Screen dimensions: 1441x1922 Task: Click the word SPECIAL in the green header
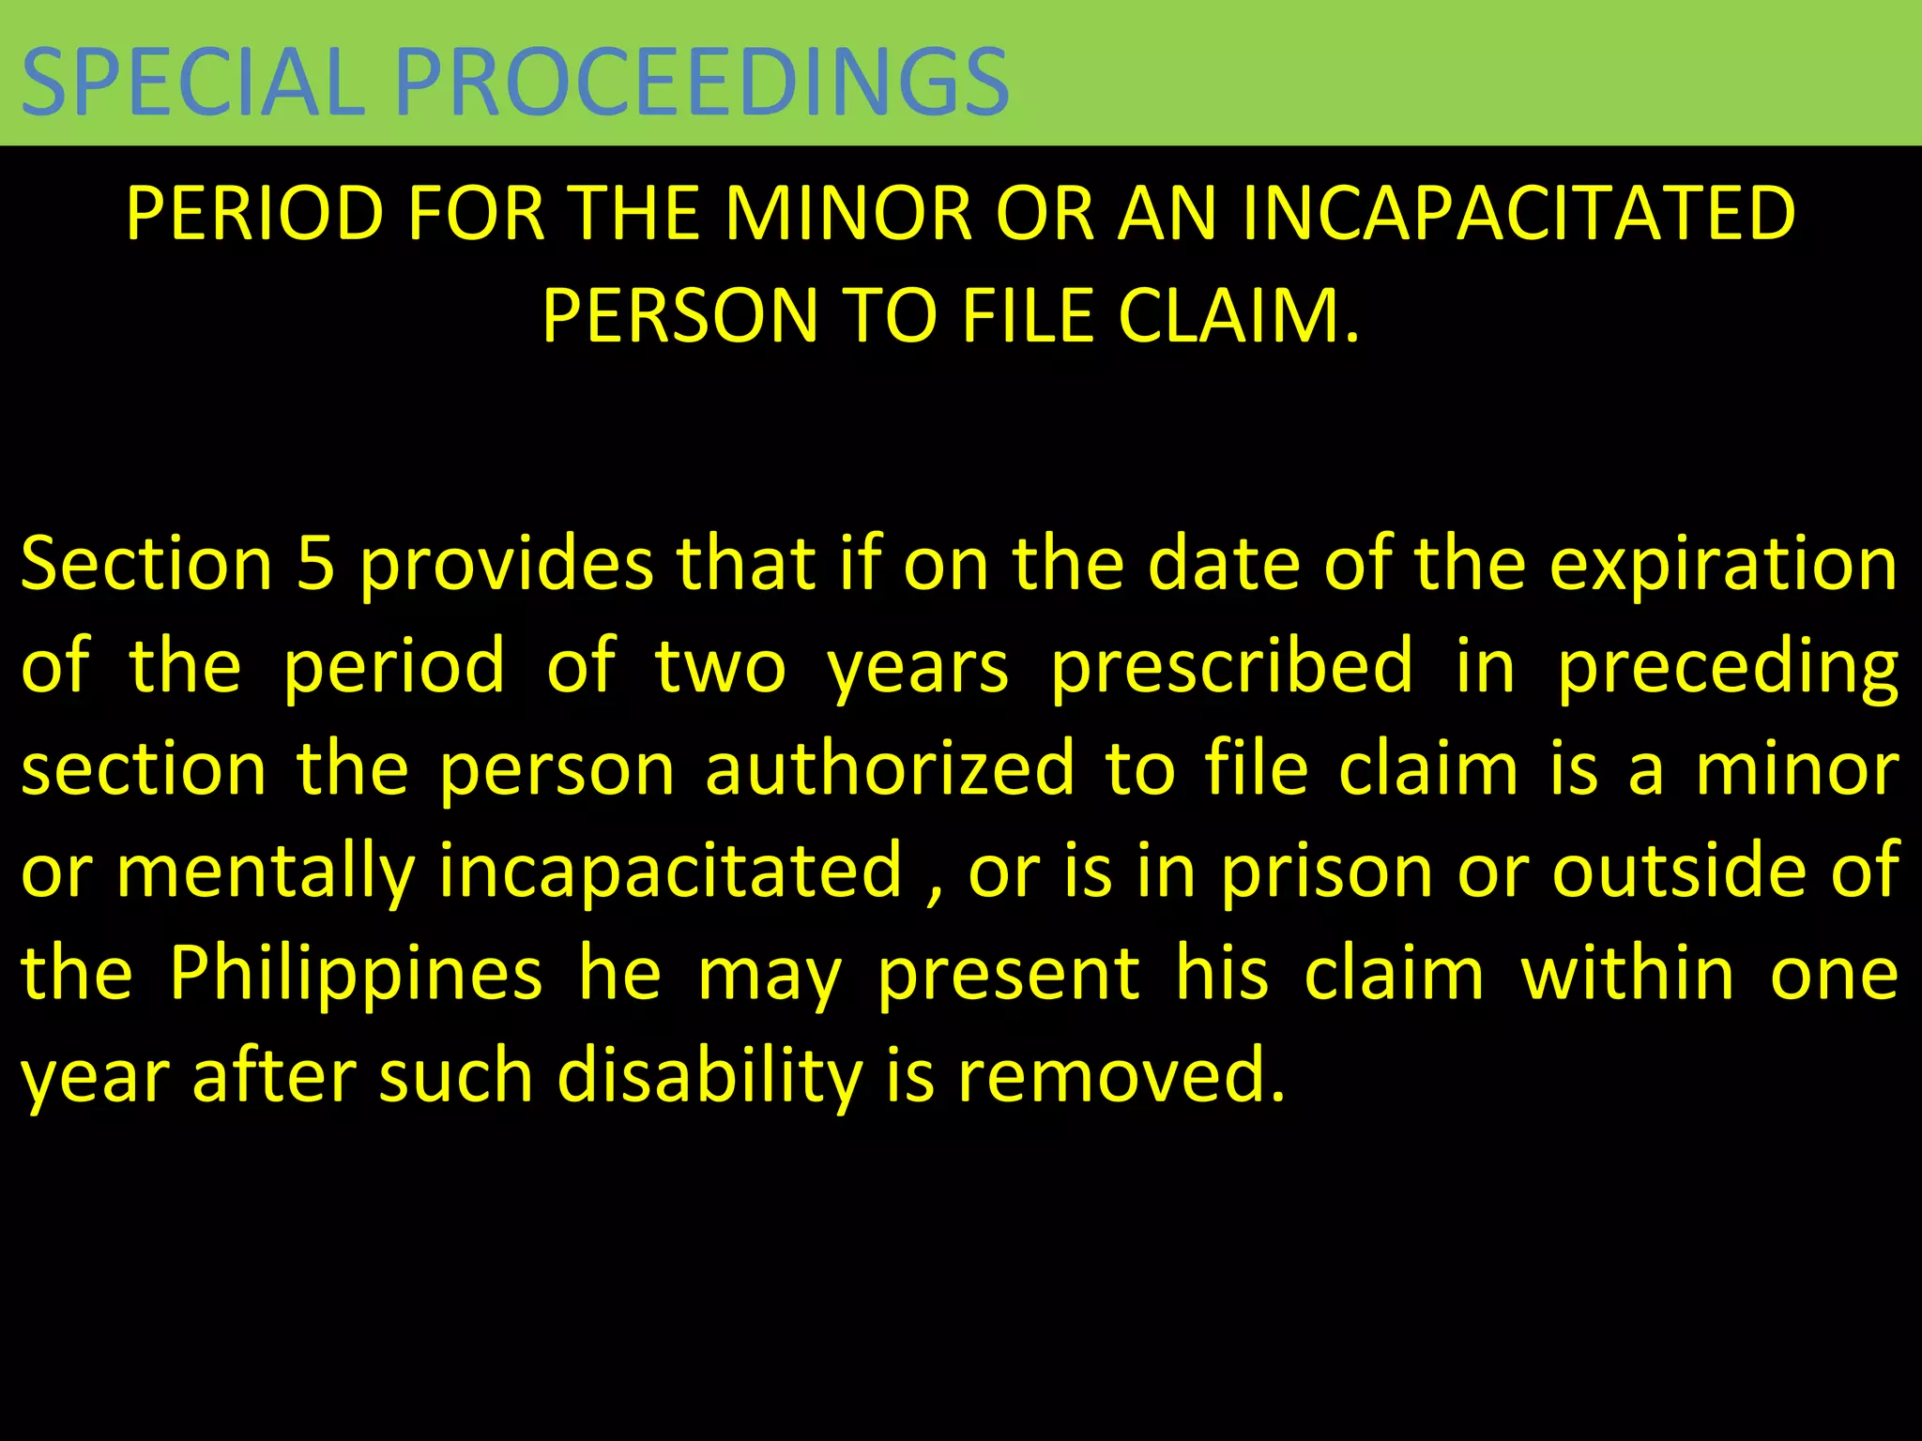click(x=192, y=82)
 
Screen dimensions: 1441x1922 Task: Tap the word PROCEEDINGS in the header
click(x=702, y=82)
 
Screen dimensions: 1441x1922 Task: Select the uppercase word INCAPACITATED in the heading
click(x=1518, y=214)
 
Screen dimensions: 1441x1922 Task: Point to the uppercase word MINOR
click(x=848, y=214)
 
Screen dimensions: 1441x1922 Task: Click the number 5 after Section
click(x=315, y=564)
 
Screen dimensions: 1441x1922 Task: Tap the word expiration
click(x=1723, y=566)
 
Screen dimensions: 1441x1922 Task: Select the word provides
click(x=507, y=566)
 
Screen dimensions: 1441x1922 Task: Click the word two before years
click(x=720, y=666)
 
